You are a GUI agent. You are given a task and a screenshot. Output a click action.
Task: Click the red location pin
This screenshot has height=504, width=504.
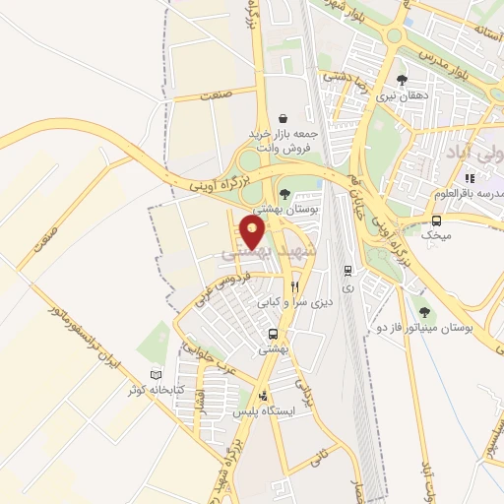tap(253, 233)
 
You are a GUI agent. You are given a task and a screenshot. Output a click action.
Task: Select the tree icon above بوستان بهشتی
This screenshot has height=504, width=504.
tap(284, 193)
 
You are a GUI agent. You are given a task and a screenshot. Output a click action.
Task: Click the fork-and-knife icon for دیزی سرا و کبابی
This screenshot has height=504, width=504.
tap(282, 287)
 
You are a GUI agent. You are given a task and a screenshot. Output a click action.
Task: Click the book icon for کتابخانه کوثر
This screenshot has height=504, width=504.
tap(154, 375)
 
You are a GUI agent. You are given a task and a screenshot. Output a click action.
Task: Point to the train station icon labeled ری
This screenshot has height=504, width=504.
tap(347, 270)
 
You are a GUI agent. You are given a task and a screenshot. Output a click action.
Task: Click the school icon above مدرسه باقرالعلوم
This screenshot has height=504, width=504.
tap(470, 178)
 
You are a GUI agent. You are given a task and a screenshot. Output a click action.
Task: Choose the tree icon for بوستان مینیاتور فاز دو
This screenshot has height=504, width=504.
tap(423, 309)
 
